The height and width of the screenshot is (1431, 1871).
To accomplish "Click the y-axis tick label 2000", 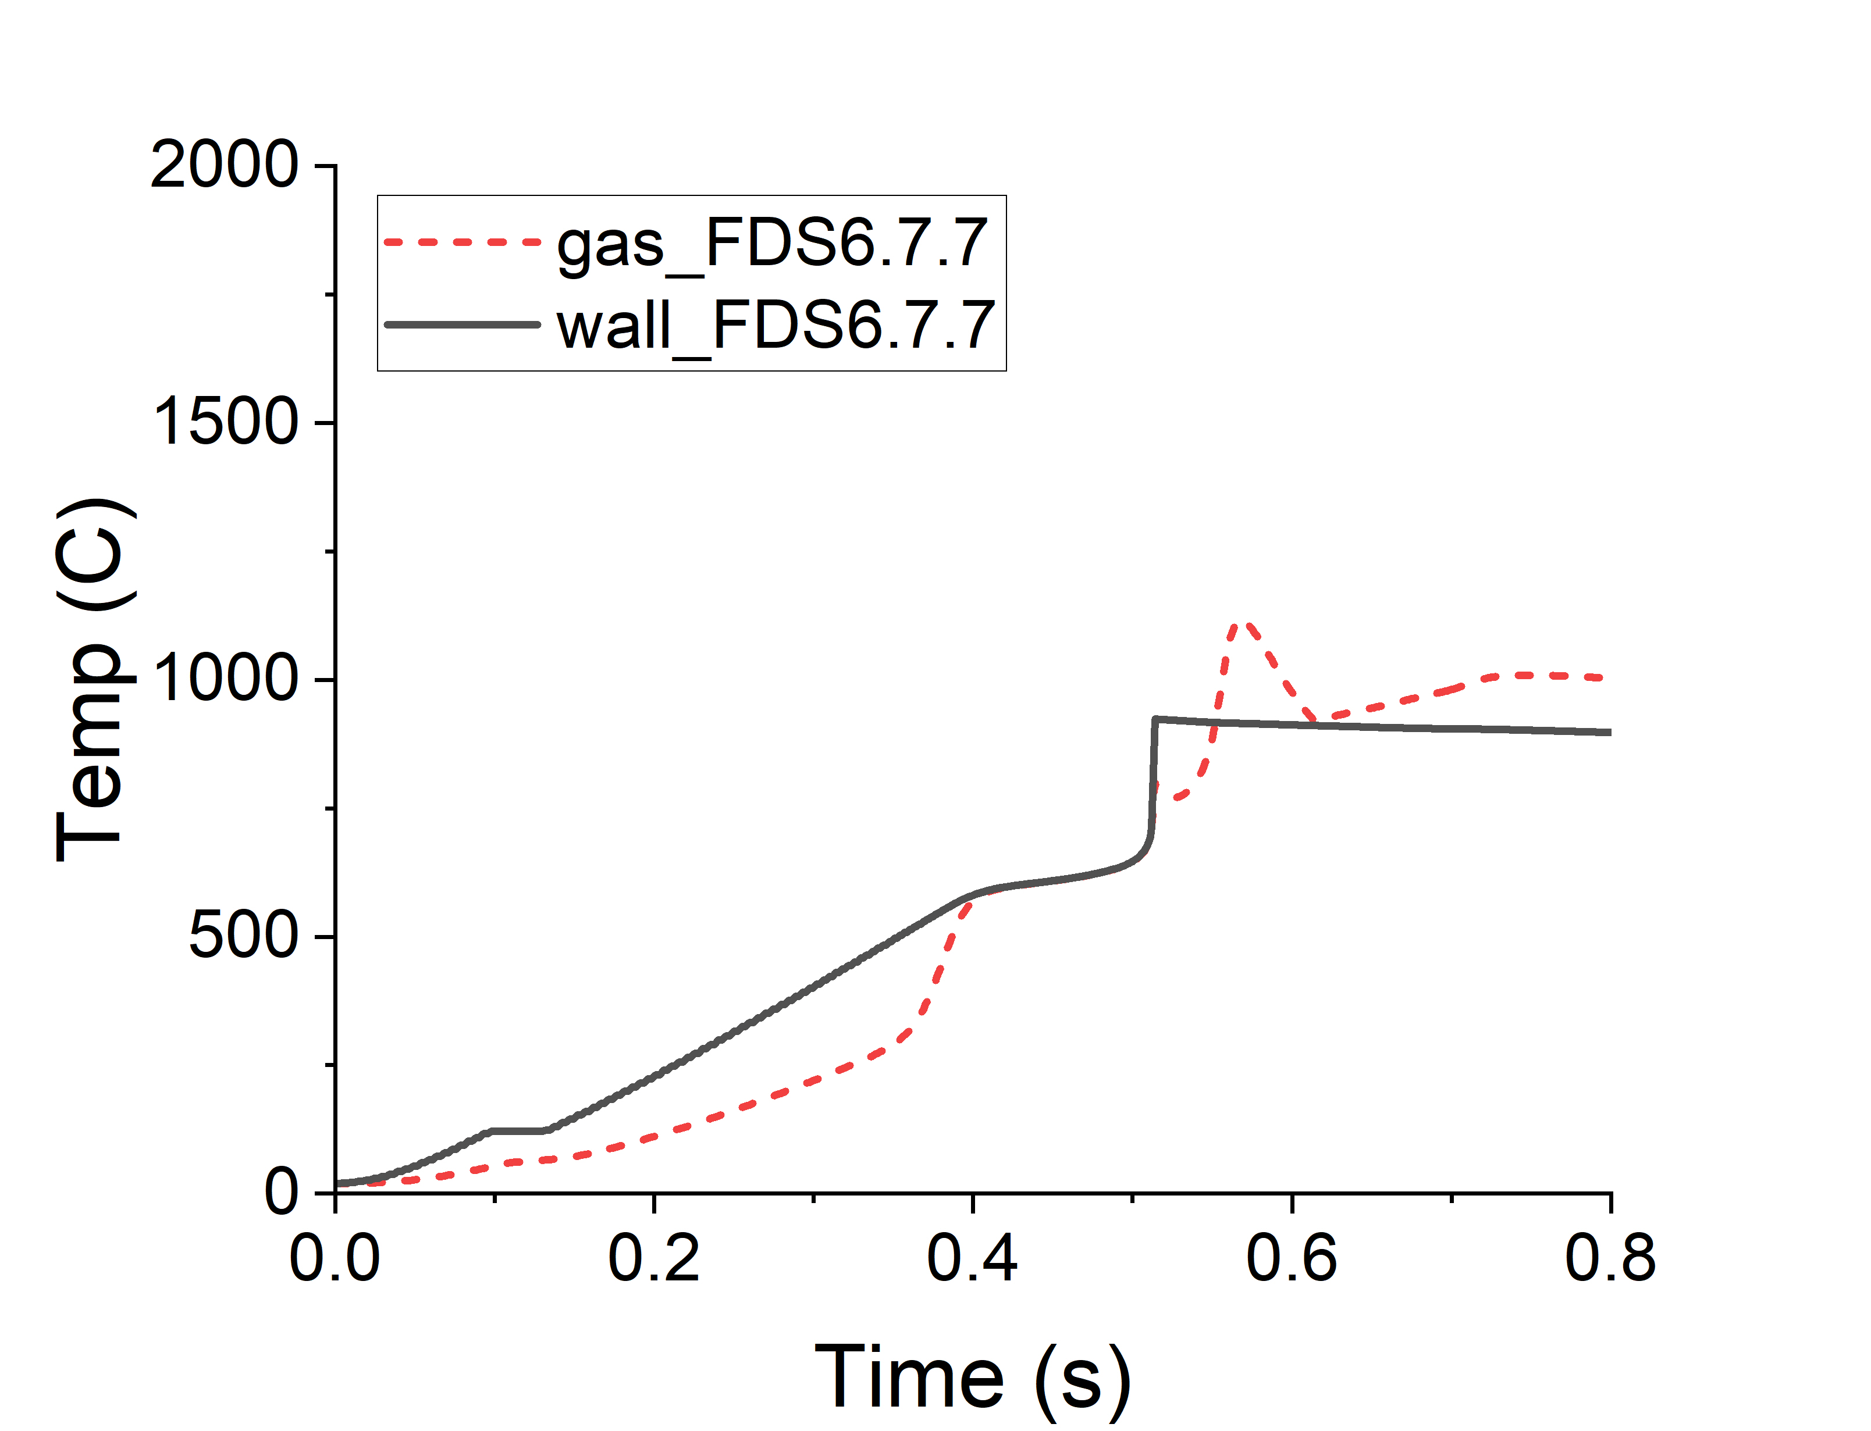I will click(224, 165).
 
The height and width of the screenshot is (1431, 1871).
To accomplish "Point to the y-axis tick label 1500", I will click(224, 423).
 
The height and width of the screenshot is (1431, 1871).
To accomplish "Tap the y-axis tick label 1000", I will click(224, 680).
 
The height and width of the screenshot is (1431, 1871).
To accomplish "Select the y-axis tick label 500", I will click(243, 937).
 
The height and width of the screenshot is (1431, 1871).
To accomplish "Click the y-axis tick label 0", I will click(281, 1193).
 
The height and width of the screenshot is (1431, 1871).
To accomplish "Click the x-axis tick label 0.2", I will click(653, 1259).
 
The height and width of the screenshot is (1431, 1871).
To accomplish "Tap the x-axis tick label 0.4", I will click(972, 1259).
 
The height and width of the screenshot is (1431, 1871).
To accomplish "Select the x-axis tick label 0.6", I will click(1292, 1259).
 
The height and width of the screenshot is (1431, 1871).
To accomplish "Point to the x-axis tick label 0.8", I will click(1610, 1259).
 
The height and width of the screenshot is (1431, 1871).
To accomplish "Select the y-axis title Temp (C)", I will click(94, 680).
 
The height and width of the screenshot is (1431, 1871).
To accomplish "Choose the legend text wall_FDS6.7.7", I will click(776, 326).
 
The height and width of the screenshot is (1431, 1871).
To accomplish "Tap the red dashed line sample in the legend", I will click(462, 242).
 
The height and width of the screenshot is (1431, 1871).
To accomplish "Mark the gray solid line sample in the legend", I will click(462, 324).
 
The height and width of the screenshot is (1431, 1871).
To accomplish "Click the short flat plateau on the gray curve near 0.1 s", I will click(518, 1131).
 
